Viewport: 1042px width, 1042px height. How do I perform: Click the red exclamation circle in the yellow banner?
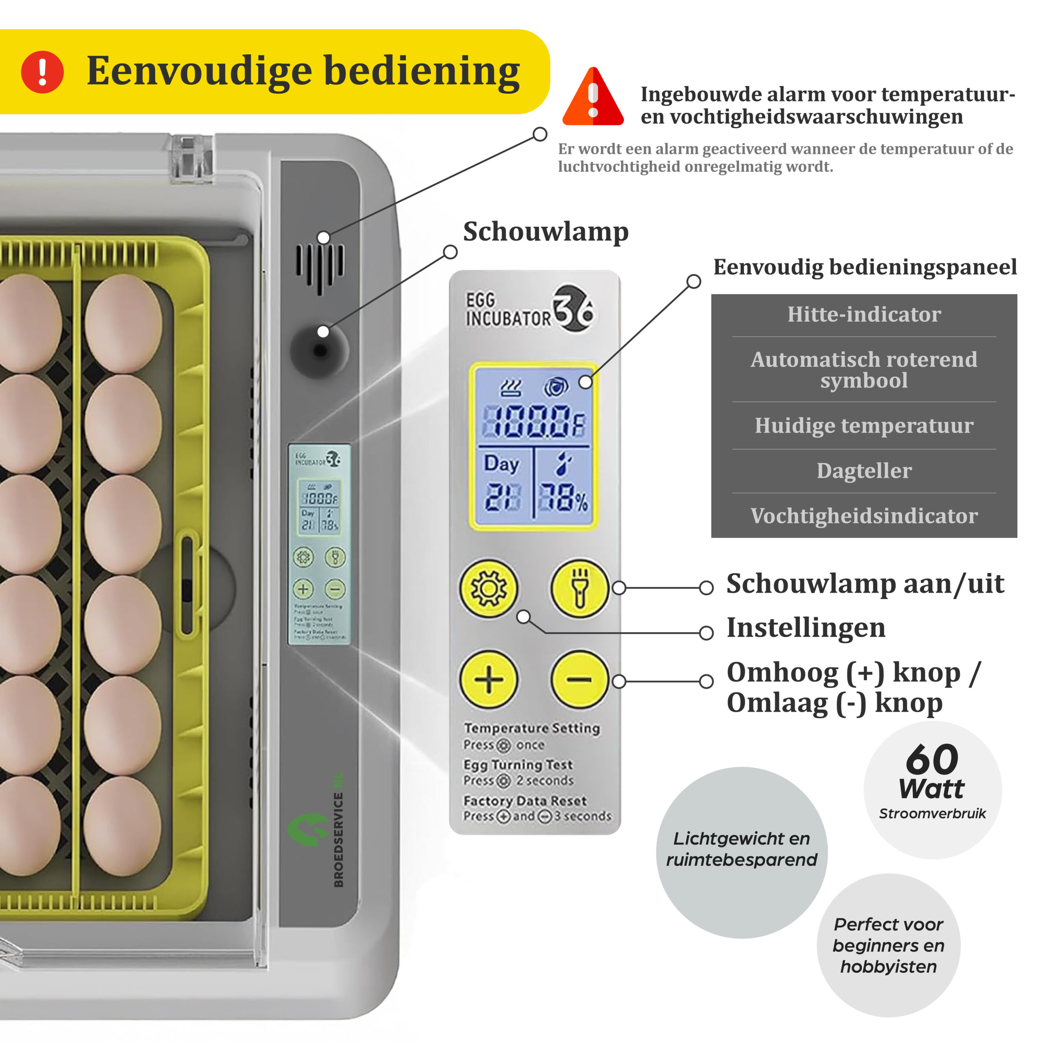click(42, 72)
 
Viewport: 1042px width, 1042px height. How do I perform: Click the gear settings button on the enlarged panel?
click(488, 588)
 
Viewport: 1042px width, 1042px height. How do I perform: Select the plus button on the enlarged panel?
click(488, 679)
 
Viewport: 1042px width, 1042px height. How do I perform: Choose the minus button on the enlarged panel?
click(579, 679)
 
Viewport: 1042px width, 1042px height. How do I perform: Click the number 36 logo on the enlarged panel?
click(574, 309)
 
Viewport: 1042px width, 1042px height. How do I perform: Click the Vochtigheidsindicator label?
click(864, 516)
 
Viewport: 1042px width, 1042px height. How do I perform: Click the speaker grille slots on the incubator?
click(320, 267)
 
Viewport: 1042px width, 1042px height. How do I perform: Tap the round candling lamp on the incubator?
click(320, 350)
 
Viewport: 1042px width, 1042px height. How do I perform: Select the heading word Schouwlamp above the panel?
click(546, 232)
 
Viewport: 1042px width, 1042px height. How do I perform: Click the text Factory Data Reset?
click(525, 801)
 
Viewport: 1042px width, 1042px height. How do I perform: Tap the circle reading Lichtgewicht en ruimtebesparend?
click(742, 849)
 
